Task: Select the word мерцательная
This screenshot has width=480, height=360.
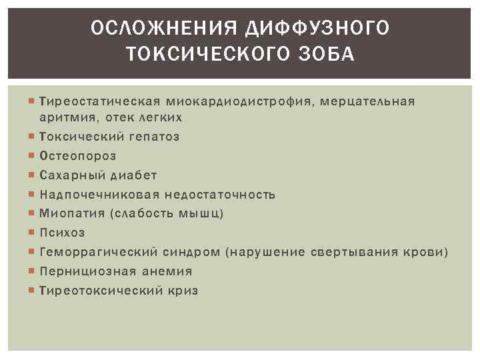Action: pyautogui.click(x=369, y=101)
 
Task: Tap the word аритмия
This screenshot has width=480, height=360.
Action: pyautogui.click(x=67, y=117)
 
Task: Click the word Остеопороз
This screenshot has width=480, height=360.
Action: pyautogui.click(x=78, y=156)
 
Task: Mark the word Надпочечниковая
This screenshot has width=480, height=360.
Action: pyautogui.click(x=100, y=195)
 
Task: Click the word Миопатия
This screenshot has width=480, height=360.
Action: pyautogui.click(x=71, y=214)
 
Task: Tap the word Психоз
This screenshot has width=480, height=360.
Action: pyautogui.click(x=62, y=233)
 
